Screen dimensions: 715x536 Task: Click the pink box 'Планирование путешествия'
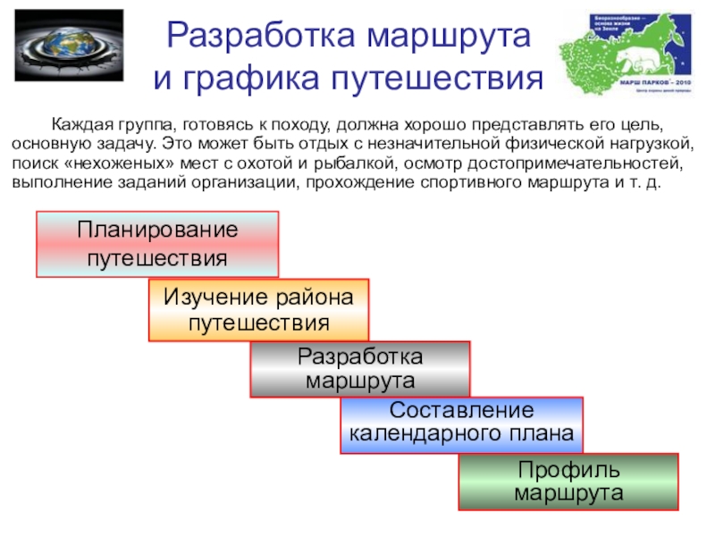[157, 244]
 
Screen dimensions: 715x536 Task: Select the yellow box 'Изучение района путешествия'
[258, 309]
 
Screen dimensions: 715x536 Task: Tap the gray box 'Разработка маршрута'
[360, 368]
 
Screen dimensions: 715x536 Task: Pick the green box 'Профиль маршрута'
[568, 482]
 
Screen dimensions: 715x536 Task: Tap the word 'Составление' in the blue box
[461, 412]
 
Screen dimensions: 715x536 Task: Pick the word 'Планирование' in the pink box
[157, 230]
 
